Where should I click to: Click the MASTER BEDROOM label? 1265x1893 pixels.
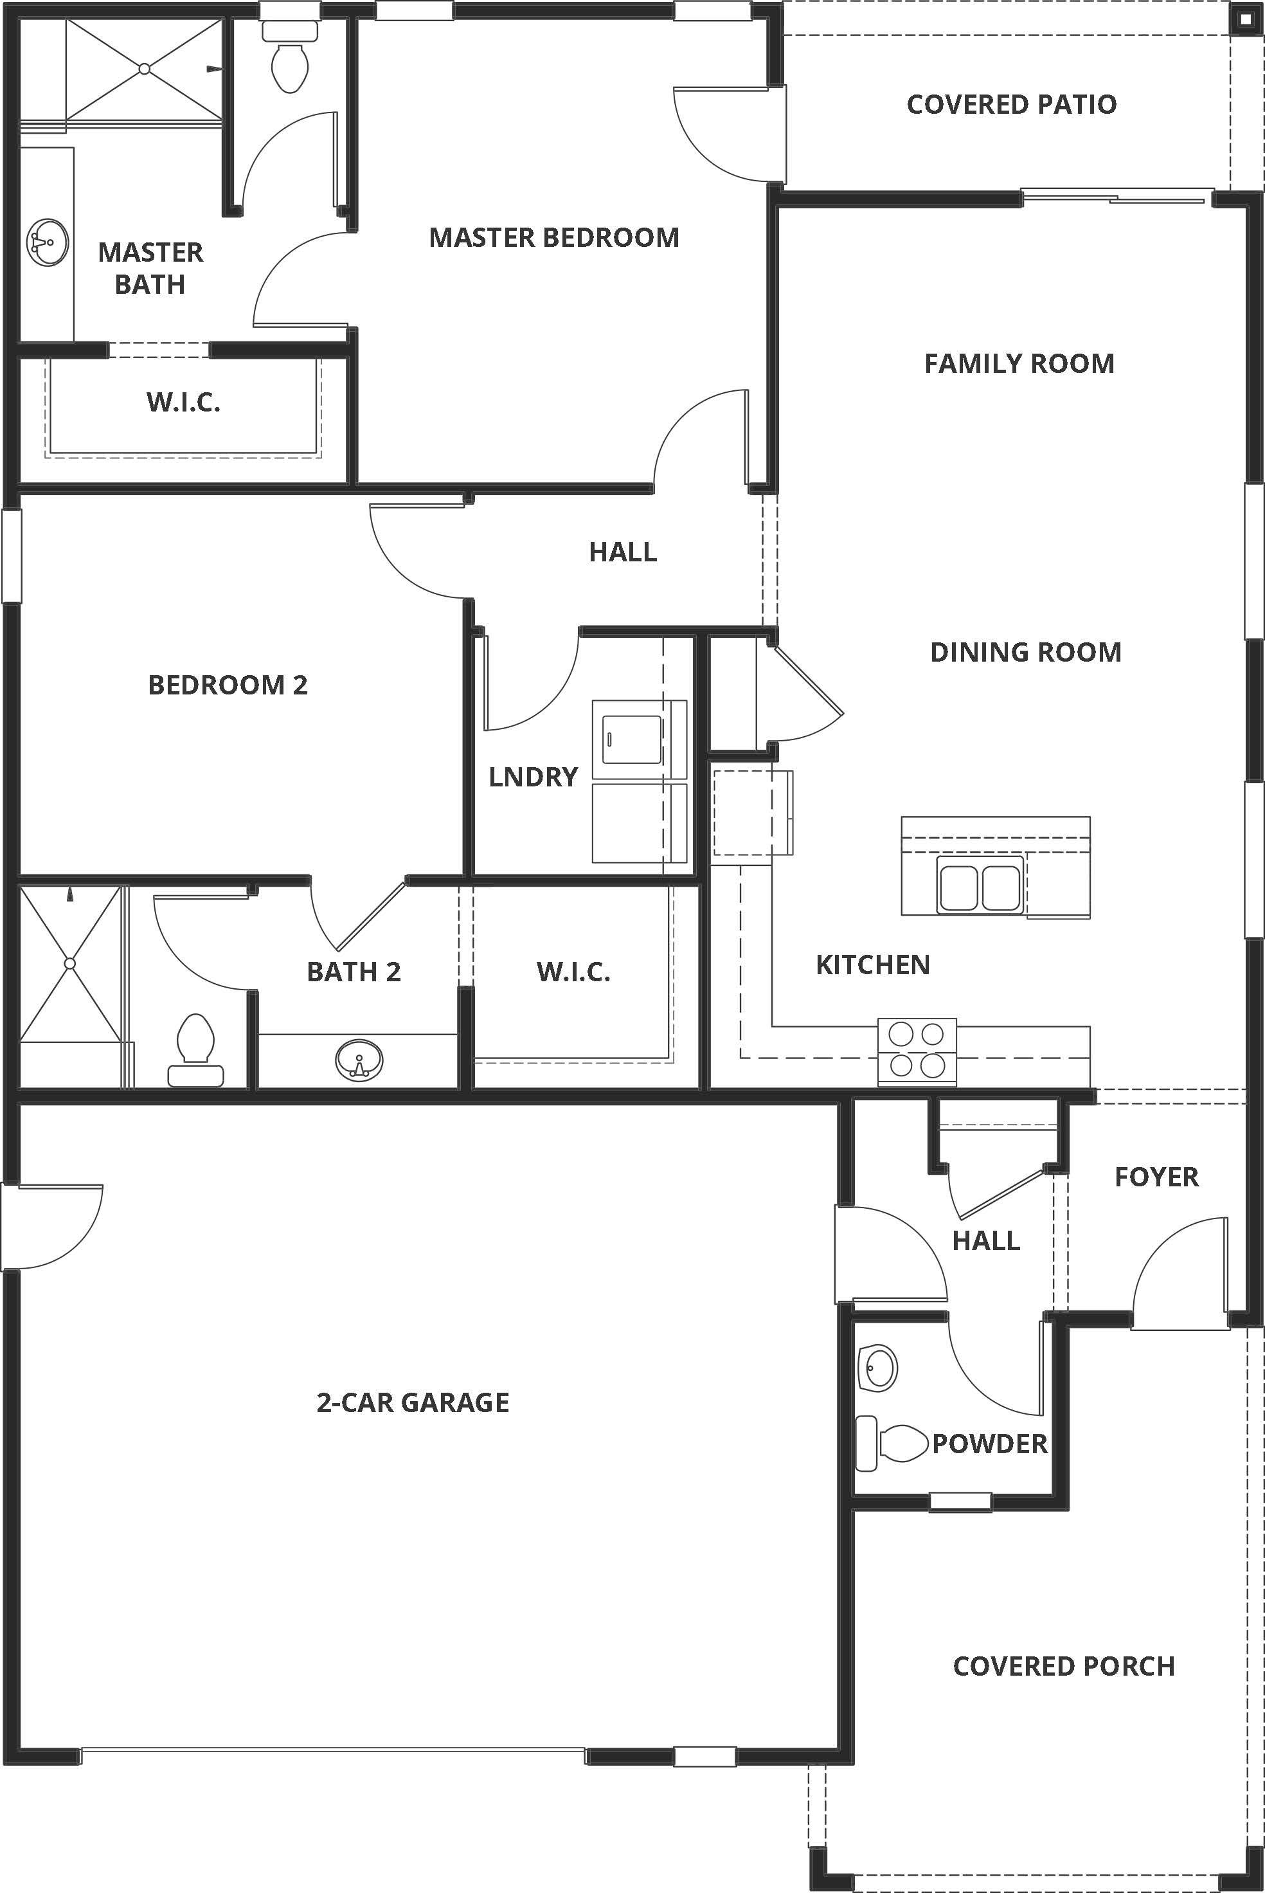click(553, 237)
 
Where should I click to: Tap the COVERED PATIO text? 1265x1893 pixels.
click(1012, 104)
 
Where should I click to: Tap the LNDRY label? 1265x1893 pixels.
click(534, 777)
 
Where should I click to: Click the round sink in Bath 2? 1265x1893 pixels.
click(359, 1060)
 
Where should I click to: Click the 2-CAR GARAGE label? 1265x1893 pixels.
click(412, 1402)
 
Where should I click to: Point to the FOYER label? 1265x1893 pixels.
click(1156, 1177)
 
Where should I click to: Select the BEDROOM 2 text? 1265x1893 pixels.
click(228, 685)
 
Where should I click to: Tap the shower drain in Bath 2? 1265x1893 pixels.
click(70, 963)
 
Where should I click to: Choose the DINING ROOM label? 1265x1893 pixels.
click(1025, 652)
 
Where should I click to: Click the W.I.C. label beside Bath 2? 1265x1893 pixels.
click(573, 972)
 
